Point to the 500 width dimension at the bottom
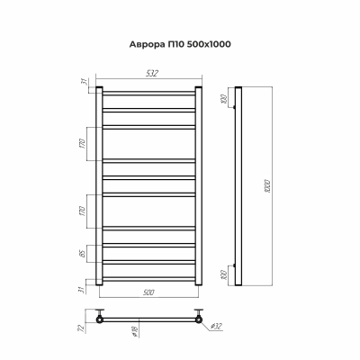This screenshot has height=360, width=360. [x=147, y=294]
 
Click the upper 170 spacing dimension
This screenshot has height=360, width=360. [x=82, y=143]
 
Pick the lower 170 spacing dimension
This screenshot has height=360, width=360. [x=82, y=213]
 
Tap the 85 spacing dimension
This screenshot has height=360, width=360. [x=82, y=253]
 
